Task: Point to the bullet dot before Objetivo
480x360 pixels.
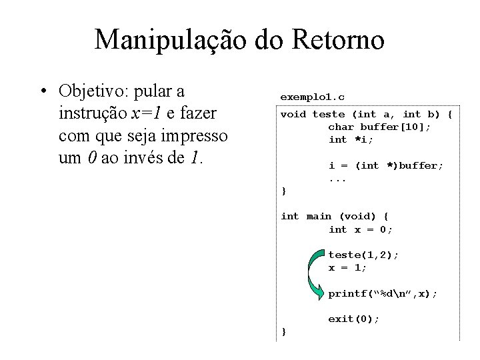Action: coord(43,91)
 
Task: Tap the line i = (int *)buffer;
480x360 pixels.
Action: coord(386,165)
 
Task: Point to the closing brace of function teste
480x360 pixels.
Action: coord(283,191)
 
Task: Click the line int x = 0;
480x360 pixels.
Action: coord(361,229)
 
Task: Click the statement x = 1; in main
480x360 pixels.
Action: coord(347,267)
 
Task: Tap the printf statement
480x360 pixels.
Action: coord(383,293)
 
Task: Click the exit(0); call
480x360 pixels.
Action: coord(353,319)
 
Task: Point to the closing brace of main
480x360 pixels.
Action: coord(283,331)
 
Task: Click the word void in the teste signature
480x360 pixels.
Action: coord(293,114)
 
